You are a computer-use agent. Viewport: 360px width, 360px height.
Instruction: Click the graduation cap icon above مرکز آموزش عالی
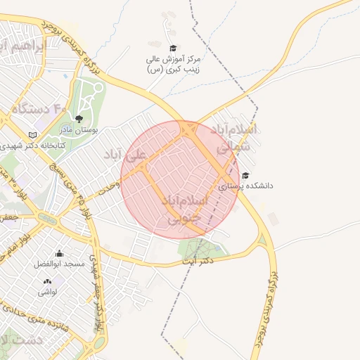(x=172, y=49)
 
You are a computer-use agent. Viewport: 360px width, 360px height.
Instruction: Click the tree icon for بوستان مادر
(x=78, y=119)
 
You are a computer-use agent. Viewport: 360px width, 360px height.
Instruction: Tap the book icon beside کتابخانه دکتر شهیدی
(x=32, y=134)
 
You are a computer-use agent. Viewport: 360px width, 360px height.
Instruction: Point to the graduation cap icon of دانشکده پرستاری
(x=245, y=175)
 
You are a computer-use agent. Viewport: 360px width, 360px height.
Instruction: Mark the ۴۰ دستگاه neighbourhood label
(x=39, y=109)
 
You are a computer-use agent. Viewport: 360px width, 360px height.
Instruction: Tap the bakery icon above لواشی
(x=48, y=281)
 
